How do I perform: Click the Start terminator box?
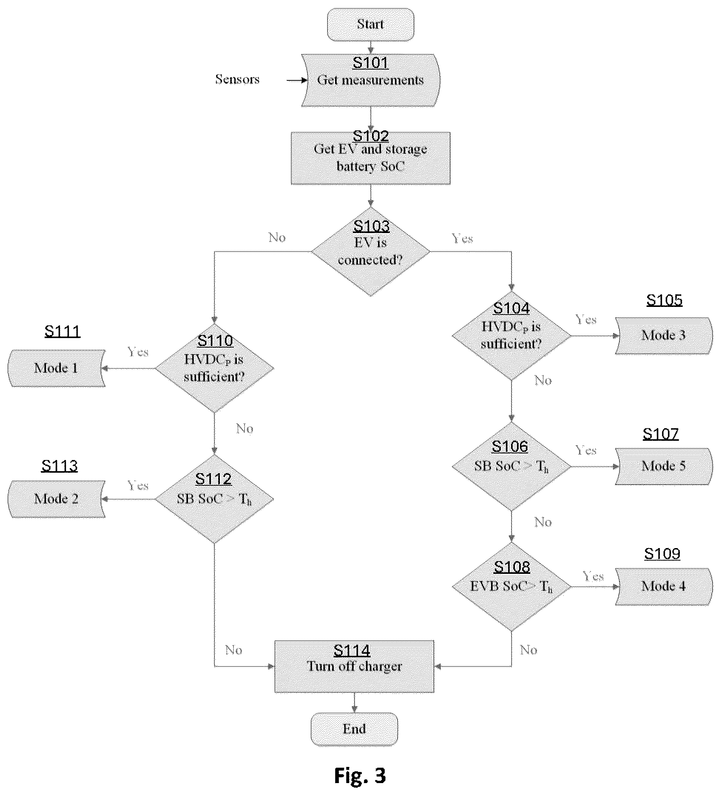coord(371,25)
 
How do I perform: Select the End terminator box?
coord(354,729)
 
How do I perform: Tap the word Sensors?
coord(237,79)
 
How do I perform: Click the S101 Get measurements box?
coord(371,80)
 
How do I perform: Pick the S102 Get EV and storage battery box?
coord(371,158)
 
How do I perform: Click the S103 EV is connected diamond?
coord(371,252)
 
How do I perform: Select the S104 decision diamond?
coord(511,336)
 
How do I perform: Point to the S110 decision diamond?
coord(215,369)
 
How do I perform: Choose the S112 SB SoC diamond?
coord(215,499)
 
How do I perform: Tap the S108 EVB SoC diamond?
coord(511,587)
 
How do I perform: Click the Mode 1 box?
coord(57,368)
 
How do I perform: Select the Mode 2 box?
coord(57,499)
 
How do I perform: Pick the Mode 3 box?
coord(664,336)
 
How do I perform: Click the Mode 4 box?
coord(664,587)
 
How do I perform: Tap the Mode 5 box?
coord(664,467)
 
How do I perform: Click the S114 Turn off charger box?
coord(354,667)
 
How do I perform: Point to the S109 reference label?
coord(662,554)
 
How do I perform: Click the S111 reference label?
coord(62,331)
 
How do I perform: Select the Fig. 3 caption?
coord(360,775)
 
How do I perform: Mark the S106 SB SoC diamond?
coord(511,467)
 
